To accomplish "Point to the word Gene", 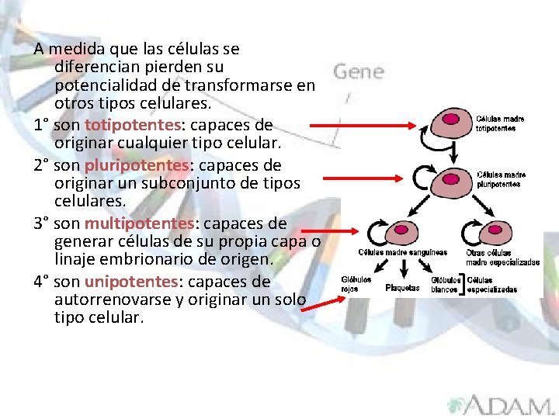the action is pyautogui.click(x=359, y=72).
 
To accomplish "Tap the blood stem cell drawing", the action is pyautogui.click(x=401, y=232).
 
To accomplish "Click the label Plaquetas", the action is pyautogui.click(x=402, y=288).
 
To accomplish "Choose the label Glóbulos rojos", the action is pyautogui.click(x=356, y=284).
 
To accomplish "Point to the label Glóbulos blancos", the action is pyautogui.click(x=445, y=284).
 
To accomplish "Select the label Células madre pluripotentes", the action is pyautogui.click(x=501, y=179).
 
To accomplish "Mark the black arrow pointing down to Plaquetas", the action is pyautogui.click(x=402, y=269).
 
